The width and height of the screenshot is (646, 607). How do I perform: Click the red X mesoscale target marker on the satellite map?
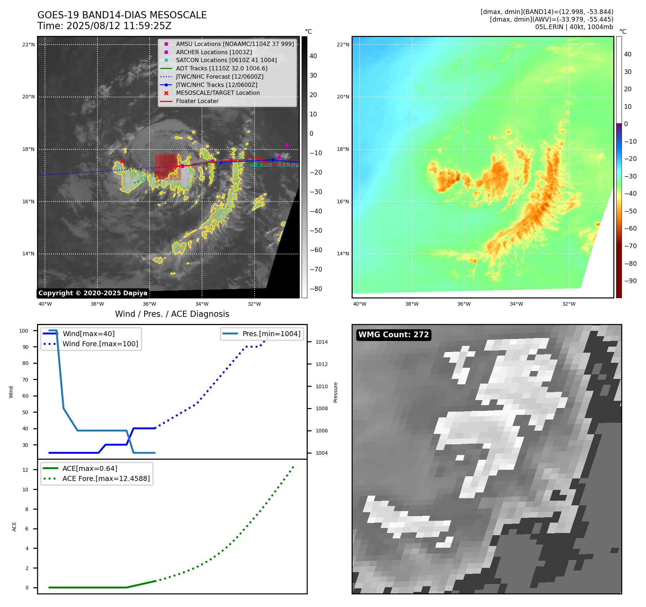coord(122,162)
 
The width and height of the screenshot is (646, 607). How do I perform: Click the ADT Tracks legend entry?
coord(221,68)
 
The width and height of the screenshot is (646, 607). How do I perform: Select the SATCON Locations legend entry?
coord(226,60)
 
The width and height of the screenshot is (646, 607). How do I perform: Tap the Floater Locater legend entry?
coord(197,101)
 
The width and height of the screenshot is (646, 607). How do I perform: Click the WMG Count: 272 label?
coord(394,335)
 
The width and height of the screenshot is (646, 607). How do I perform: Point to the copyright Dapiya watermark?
coord(93,293)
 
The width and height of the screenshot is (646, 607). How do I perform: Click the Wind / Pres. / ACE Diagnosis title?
coord(172,314)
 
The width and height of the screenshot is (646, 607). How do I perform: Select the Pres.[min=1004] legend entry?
coord(271,334)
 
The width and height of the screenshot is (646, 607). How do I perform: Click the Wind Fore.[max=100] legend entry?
coord(100,344)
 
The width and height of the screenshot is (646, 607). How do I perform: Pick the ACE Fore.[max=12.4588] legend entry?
coord(106,478)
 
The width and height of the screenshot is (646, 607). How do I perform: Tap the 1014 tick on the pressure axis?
coord(322,342)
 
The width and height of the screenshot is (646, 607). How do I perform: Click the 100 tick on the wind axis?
coord(24,331)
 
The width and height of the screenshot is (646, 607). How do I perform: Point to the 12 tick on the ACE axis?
coord(25,470)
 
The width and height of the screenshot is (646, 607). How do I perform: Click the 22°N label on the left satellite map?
coord(28,45)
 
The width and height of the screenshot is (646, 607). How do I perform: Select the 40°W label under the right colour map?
coord(359,304)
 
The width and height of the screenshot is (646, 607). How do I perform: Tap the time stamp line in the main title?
coord(104,26)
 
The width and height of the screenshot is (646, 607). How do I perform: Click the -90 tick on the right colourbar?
coord(630,281)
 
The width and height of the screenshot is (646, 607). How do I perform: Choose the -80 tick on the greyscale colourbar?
coord(316,289)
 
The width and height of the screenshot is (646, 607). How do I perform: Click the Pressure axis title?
coord(336,392)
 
